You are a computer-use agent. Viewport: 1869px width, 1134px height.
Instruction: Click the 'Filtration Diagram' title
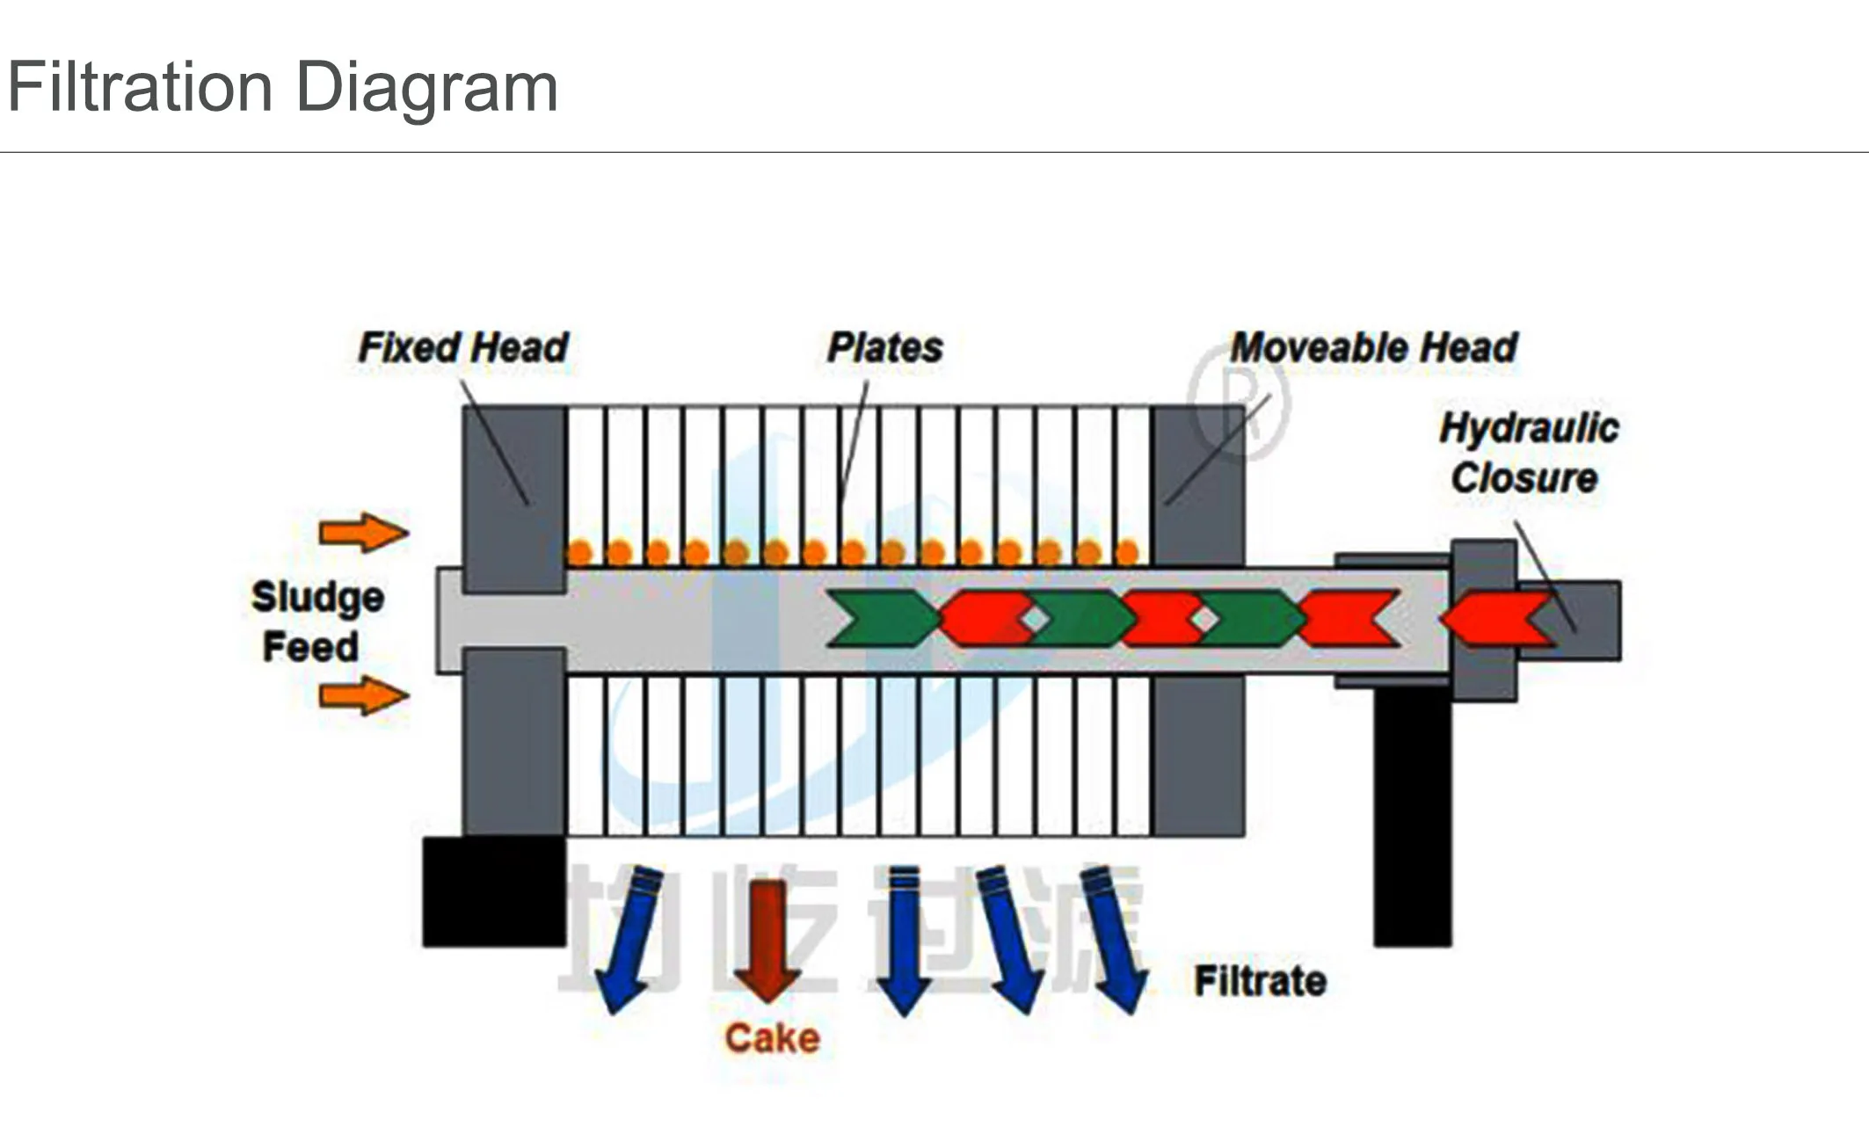tap(282, 88)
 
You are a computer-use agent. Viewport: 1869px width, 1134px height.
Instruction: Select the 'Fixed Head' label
tap(463, 347)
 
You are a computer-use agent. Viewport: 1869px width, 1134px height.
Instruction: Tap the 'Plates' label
tap(884, 347)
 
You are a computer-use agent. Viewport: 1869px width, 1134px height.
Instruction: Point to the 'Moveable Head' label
tap(1373, 347)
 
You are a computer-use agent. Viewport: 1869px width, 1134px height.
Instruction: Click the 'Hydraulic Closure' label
tap(1528, 453)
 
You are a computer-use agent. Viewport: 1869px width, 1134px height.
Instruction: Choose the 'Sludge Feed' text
tap(316, 622)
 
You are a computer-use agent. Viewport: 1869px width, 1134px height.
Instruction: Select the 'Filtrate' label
tap(1260, 981)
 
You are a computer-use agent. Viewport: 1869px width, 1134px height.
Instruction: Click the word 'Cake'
tap(772, 1038)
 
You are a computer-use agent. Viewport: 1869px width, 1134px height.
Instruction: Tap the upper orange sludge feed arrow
tap(363, 533)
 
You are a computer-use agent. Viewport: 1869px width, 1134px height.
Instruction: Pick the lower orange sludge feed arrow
tap(363, 696)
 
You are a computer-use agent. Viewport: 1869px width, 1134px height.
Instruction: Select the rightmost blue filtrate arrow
tap(1115, 939)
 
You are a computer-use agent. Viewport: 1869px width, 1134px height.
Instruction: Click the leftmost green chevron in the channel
tap(882, 619)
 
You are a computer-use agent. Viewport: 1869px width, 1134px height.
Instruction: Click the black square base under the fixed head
tap(494, 891)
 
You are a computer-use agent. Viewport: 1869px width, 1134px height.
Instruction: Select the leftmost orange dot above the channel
tap(580, 553)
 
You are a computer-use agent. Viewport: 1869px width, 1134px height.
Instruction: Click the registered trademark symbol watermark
tap(1238, 402)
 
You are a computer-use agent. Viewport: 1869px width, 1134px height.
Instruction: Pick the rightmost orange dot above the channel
tap(1127, 553)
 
